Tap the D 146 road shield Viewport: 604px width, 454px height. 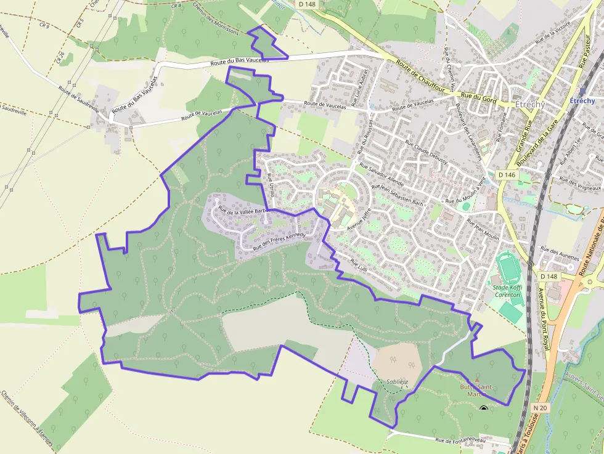(507, 175)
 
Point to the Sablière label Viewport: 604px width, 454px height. (398, 382)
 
